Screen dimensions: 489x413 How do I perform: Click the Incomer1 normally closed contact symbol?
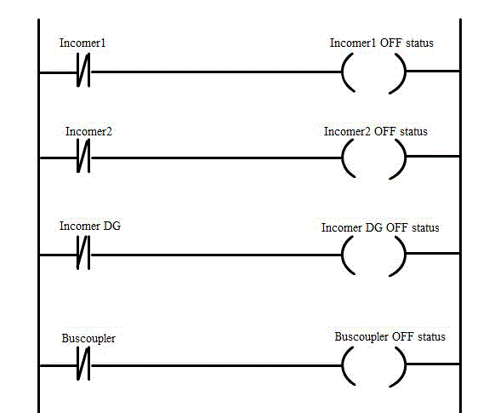[83, 70]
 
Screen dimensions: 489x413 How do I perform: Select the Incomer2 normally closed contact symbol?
[83, 156]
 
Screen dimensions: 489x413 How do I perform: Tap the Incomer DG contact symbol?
[83, 253]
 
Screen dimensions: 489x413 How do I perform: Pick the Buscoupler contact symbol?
[83, 364]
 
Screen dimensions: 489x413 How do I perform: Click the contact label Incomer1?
[82, 43]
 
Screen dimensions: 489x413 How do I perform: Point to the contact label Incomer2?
[88, 131]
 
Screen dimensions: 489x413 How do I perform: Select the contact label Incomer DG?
[90, 226]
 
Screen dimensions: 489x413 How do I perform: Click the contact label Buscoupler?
[88, 339]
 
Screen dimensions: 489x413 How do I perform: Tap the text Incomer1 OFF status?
[382, 43]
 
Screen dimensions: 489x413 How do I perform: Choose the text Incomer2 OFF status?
[376, 131]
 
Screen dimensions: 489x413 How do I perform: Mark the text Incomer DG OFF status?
[380, 227]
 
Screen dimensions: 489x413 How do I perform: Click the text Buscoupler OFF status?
[389, 337]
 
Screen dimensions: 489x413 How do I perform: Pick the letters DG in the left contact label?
[112, 226]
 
